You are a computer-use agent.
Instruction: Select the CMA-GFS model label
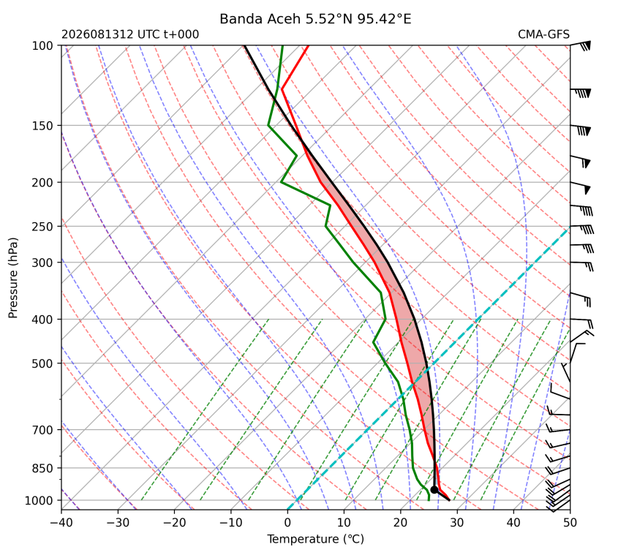[543, 34]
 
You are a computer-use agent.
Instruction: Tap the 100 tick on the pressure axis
[42, 46]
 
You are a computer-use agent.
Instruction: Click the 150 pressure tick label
[42, 126]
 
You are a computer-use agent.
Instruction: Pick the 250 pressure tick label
[42, 227]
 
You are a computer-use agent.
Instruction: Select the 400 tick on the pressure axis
[42, 320]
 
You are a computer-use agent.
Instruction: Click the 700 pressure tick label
[42, 430]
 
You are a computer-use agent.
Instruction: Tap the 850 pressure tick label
[42, 468]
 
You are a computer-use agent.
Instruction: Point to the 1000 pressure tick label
[39, 500]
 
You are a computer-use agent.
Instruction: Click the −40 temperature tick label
[61, 523]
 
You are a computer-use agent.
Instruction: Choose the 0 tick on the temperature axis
[287, 523]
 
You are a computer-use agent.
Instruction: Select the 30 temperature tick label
[457, 523]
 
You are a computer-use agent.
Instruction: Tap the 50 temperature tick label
[570, 523]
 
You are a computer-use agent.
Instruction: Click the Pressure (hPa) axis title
[13, 278]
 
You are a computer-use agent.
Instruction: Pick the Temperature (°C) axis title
[316, 540]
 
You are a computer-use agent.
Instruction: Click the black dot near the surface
[434, 490]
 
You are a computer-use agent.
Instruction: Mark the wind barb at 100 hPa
[581, 45]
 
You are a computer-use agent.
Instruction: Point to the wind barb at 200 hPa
[581, 187]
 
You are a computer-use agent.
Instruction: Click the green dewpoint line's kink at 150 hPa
[268, 126]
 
